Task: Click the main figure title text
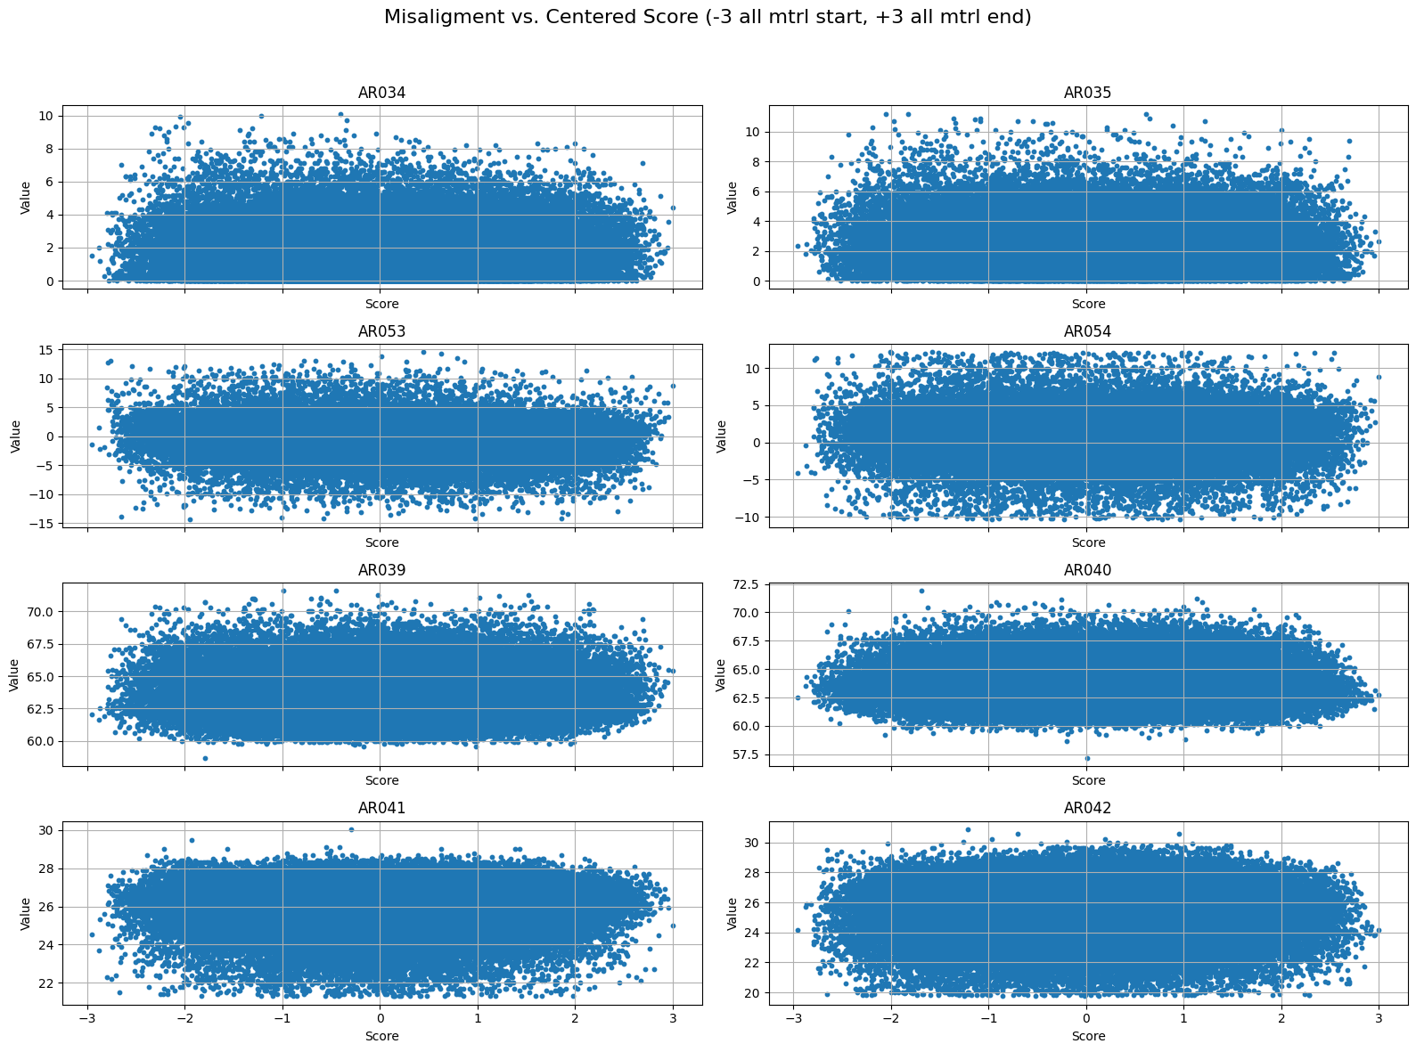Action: tap(708, 17)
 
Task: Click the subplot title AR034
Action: tap(381, 93)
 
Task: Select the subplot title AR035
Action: tap(1087, 93)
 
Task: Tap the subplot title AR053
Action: tap(381, 331)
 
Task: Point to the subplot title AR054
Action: tap(1087, 331)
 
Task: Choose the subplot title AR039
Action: tap(381, 570)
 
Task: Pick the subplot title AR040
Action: tap(1087, 570)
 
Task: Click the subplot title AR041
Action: tap(381, 808)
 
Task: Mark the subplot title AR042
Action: tap(1087, 808)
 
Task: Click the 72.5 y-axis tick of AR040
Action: tap(745, 584)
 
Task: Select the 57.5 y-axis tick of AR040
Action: tap(745, 754)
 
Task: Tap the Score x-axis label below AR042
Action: tap(1087, 1036)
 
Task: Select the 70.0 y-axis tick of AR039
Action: tap(39, 612)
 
